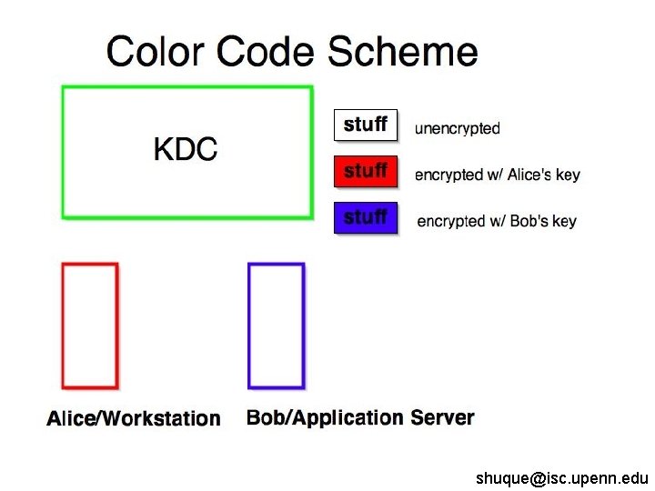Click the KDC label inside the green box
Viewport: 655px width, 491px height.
[186, 150]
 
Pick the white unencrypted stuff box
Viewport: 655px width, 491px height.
[366, 125]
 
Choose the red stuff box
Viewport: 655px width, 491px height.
[366, 171]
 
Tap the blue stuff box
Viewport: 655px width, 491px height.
[366, 217]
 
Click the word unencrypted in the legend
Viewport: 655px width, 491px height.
[458, 128]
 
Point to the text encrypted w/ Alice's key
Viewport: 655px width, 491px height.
[497, 175]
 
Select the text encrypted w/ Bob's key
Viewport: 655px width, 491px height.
[497, 221]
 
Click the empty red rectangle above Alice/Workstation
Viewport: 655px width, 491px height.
[89, 326]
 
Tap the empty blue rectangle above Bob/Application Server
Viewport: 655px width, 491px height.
[276, 326]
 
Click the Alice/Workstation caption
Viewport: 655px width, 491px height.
[134, 418]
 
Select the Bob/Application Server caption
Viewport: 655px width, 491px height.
[360, 417]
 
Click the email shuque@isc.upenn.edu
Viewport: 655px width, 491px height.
[561, 477]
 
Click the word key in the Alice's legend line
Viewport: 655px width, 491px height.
[568, 175]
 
